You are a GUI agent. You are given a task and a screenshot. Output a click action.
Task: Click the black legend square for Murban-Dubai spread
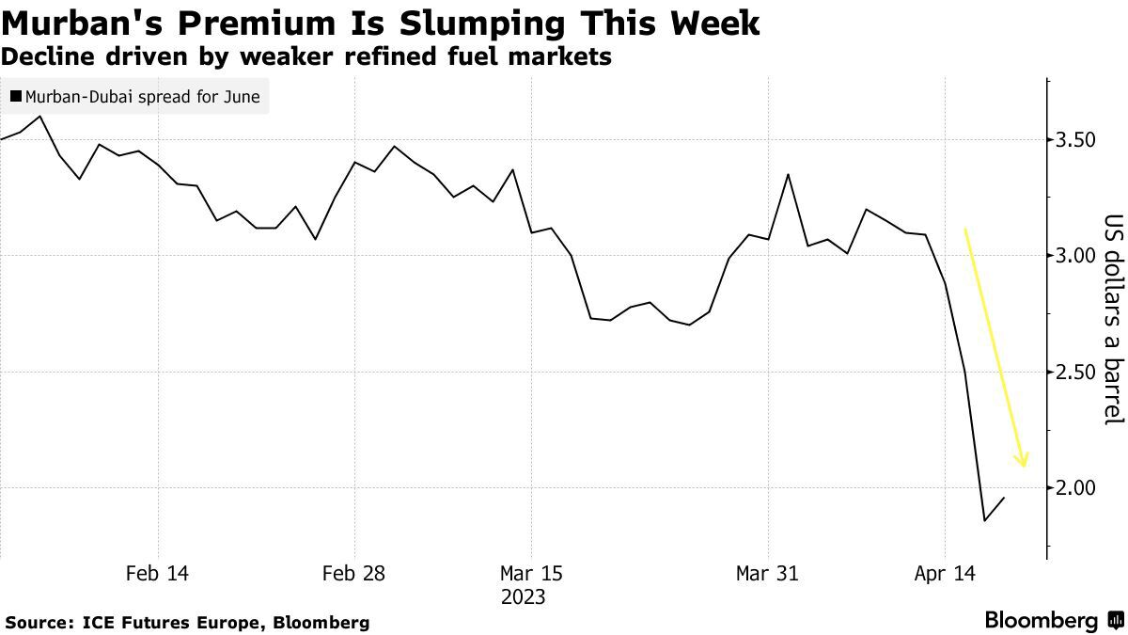click(16, 96)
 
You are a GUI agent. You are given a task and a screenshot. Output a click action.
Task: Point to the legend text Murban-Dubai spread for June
click(142, 96)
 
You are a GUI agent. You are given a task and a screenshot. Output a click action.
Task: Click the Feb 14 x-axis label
click(157, 573)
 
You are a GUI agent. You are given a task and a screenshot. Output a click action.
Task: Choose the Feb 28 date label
click(354, 573)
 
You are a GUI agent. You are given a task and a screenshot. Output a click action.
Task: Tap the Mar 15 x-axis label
click(531, 573)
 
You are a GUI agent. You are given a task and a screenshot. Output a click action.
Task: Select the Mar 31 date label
click(767, 573)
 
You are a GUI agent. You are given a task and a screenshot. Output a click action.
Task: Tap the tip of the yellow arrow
click(1023, 467)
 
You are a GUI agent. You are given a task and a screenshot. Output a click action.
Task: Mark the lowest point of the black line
click(984, 520)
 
